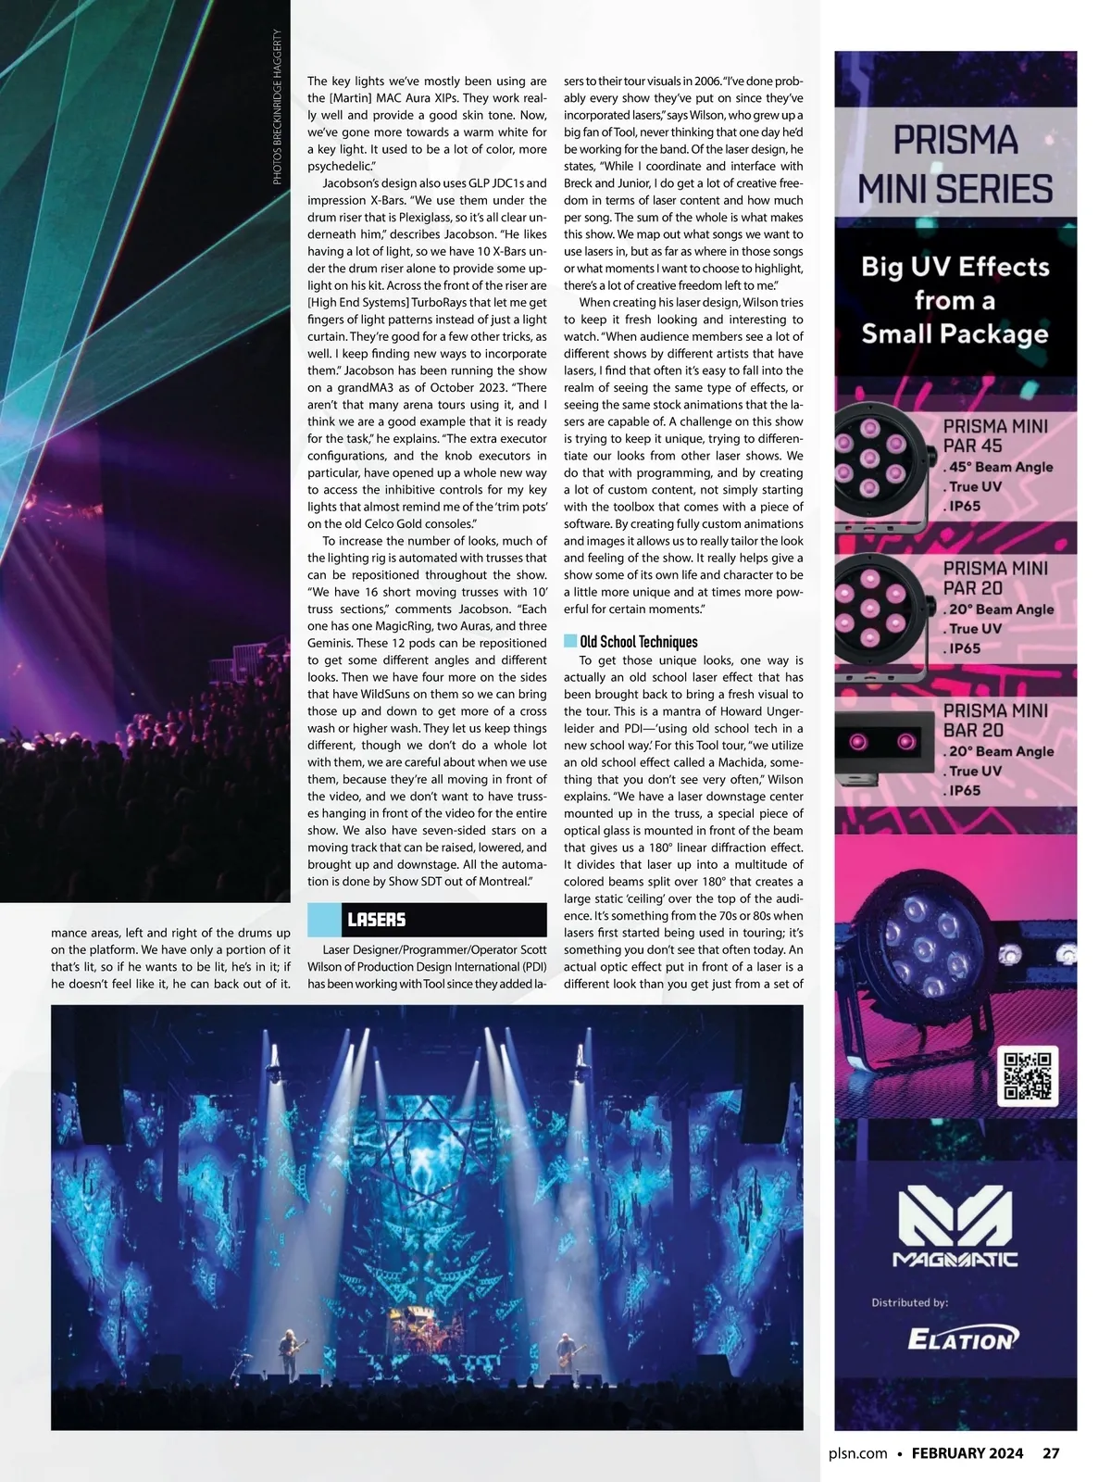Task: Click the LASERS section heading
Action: click(x=377, y=920)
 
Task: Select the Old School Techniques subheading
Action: click(x=638, y=642)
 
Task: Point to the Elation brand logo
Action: click(x=962, y=1339)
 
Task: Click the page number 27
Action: click(x=1051, y=1453)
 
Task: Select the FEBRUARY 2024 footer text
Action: click(x=967, y=1453)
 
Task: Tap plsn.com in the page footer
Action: click(x=858, y=1453)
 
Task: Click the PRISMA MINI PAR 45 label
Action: click(x=995, y=435)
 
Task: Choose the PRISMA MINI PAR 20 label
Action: click(x=995, y=577)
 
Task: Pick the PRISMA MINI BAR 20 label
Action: click(x=995, y=720)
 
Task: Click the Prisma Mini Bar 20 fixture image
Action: click(x=884, y=741)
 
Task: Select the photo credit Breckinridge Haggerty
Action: click(x=277, y=107)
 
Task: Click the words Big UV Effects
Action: click(x=955, y=267)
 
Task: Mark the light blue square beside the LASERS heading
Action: click(x=324, y=920)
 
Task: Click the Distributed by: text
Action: click(x=909, y=1302)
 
